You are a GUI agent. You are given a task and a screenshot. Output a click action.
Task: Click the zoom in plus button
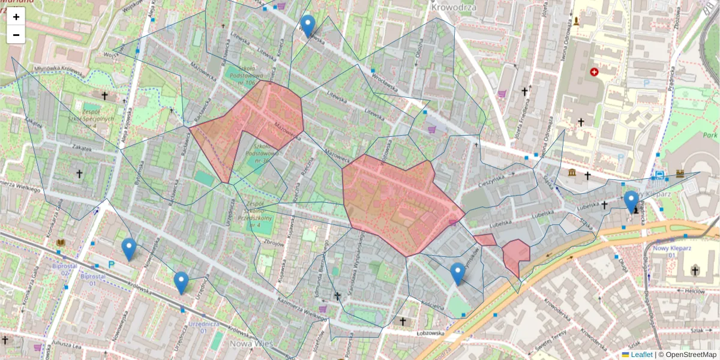click(16, 17)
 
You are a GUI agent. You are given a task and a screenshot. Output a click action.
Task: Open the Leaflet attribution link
click(641, 355)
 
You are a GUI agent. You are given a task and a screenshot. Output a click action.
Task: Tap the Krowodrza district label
click(454, 7)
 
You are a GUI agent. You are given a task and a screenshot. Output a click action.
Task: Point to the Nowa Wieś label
click(251, 344)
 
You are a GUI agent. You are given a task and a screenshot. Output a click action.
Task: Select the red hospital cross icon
click(594, 72)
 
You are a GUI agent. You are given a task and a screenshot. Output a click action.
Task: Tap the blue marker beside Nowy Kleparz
click(631, 202)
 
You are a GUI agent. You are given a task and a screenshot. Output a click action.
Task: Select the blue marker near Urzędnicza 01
click(181, 283)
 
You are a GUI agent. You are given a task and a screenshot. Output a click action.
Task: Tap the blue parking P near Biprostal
click(111, 264)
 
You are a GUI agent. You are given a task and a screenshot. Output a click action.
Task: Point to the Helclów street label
click(694, 290)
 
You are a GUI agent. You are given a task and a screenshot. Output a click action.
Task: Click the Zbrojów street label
click(272, 244)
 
